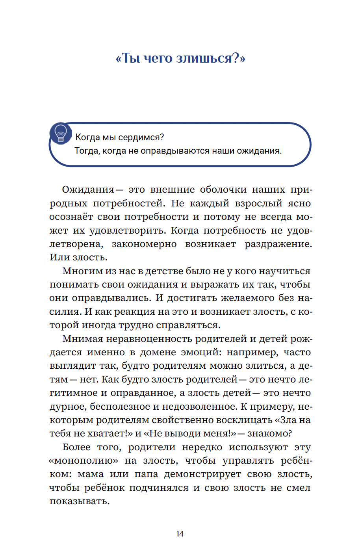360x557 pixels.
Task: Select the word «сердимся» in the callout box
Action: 143,137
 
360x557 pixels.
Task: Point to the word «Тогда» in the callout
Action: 87,151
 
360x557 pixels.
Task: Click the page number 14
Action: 180,534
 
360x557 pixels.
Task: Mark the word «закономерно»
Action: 144,244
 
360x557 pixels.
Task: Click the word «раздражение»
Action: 278,244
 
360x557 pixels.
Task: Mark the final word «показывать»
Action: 79,501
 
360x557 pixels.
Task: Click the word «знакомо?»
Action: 269,434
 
